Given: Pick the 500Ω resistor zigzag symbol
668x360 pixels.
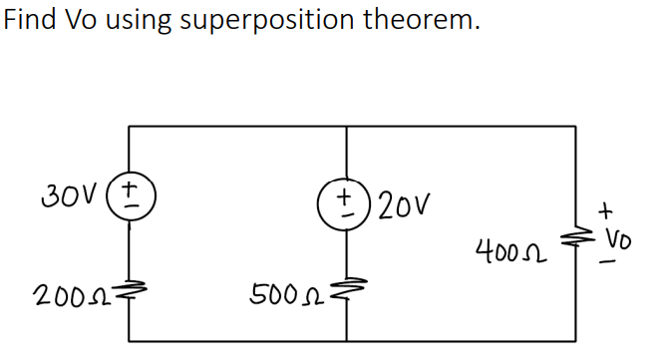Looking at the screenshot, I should [x=347, y=292].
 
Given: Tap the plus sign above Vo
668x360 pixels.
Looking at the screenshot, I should [x=605, y=211].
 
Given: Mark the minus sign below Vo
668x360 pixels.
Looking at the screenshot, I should [x=606, y=265].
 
